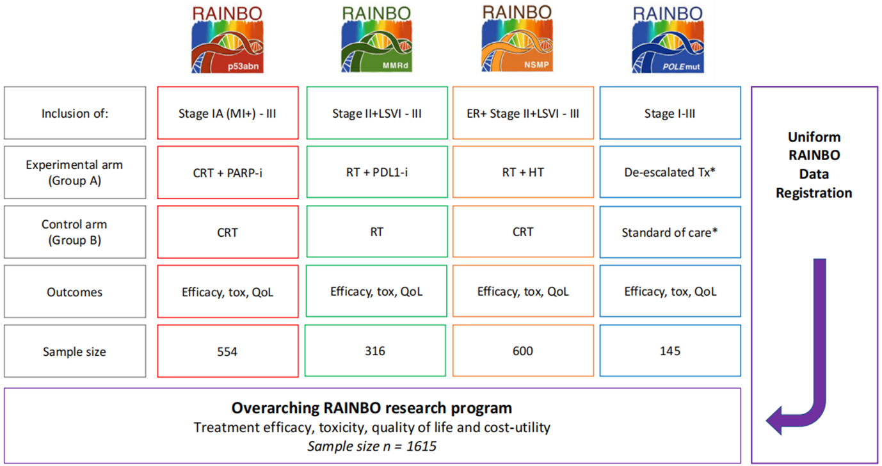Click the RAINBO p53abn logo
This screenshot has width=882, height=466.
click(227, 40)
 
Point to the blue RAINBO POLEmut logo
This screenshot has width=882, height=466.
click(670, 40)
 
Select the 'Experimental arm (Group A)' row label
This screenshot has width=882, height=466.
click(74, 173)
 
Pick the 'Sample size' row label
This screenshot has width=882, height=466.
click(74, 351)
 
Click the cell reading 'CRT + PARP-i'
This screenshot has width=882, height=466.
click(227, 173)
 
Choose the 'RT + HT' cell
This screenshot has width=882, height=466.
click(523, 173)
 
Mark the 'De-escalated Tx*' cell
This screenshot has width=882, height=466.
click(670, 173)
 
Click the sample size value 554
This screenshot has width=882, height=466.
click(227, 351)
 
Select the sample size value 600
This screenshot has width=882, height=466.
click(523, 351)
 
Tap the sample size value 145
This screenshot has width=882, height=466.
click(670, 351)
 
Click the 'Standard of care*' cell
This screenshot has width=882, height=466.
click(670, 232)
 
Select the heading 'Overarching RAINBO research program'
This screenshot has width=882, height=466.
click(372, 408)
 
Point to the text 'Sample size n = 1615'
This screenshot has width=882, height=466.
click(372, 446)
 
